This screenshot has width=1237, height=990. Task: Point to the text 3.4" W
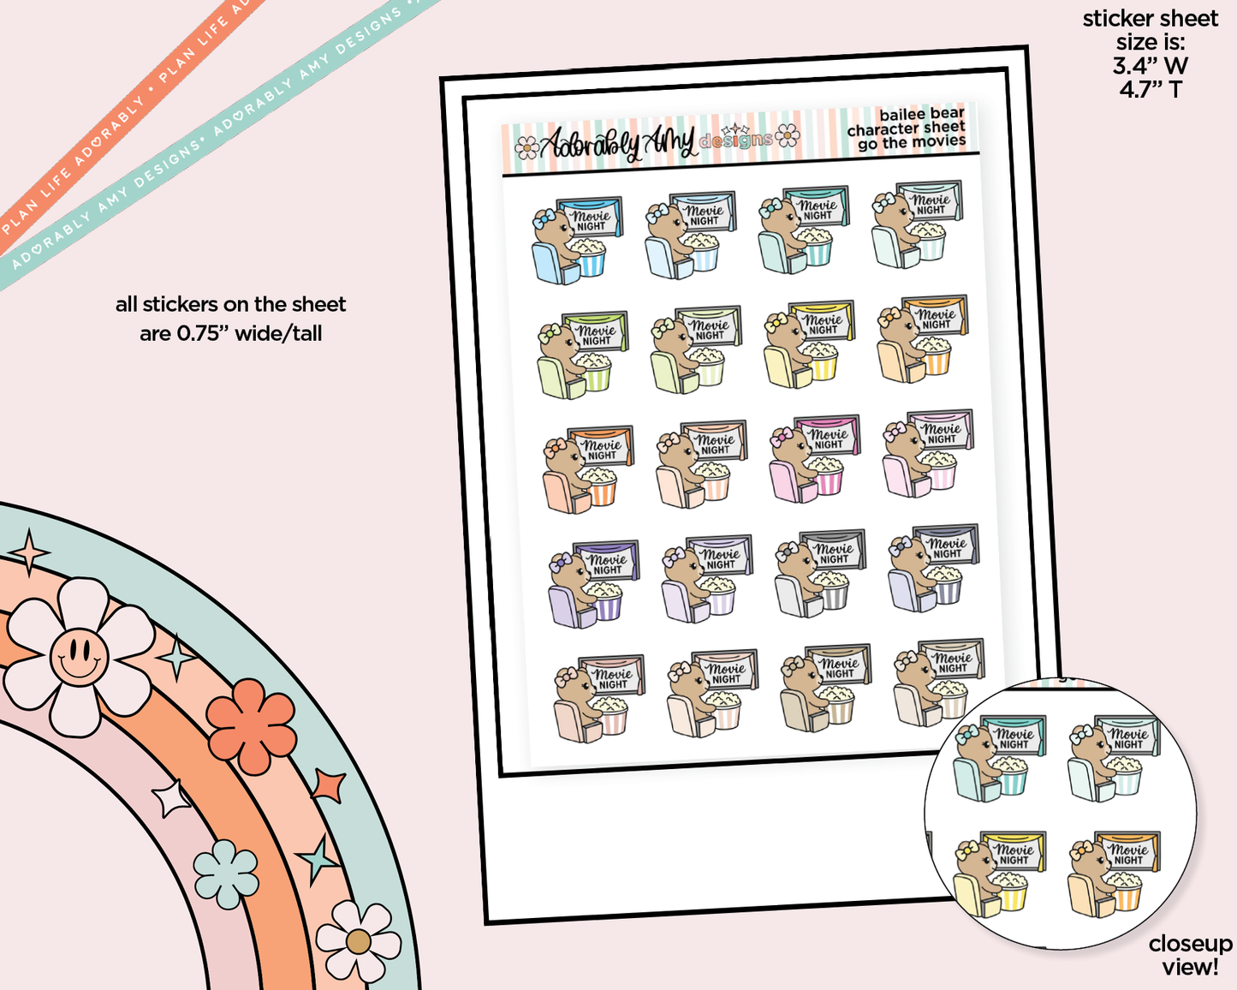coord(1150,65)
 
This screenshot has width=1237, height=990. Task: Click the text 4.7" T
coord(1150,88)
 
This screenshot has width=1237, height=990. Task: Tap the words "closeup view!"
coord(1190,955)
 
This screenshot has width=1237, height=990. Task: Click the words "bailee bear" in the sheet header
coord(921,114)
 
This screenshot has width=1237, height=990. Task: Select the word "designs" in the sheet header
coord(735,140)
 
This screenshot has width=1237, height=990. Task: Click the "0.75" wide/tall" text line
coord(230,333)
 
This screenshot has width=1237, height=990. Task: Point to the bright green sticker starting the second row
coord(582,355)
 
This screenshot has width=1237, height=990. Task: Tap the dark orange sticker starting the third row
coord(587,468)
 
